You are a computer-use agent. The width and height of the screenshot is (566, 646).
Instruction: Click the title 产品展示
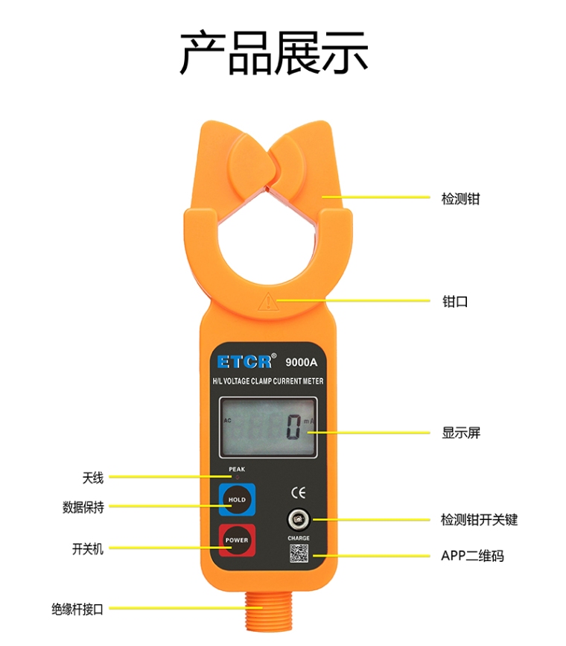(274, 52)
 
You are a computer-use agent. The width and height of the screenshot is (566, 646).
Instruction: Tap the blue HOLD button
(237, 499)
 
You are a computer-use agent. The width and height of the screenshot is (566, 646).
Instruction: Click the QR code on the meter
(299, 554)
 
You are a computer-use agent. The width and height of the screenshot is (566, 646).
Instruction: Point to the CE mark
(298, 493)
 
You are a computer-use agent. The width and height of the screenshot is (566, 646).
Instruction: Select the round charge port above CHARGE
(298, 520)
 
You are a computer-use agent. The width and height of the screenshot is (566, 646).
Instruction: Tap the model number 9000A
(302, 362)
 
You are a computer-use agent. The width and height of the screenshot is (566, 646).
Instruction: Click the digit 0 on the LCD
(293, 427)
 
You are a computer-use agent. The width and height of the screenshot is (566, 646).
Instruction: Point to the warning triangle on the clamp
(268, 302)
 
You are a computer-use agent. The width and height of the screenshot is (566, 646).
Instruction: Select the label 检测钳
(460, 199)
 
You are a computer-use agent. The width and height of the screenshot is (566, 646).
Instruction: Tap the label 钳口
(455, 302)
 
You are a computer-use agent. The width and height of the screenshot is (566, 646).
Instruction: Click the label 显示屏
(461, 433)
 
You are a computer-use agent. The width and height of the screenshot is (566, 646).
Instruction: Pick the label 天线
(92, 478)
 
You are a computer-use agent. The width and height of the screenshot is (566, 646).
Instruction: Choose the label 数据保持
(83, 507)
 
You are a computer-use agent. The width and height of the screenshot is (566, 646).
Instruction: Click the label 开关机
(88, 549)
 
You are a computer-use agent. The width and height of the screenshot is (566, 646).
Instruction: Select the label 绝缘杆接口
(77, 609)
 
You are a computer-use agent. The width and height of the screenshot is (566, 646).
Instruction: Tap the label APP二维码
(472, 556)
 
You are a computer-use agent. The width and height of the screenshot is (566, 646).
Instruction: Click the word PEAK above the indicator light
(237, 469)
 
